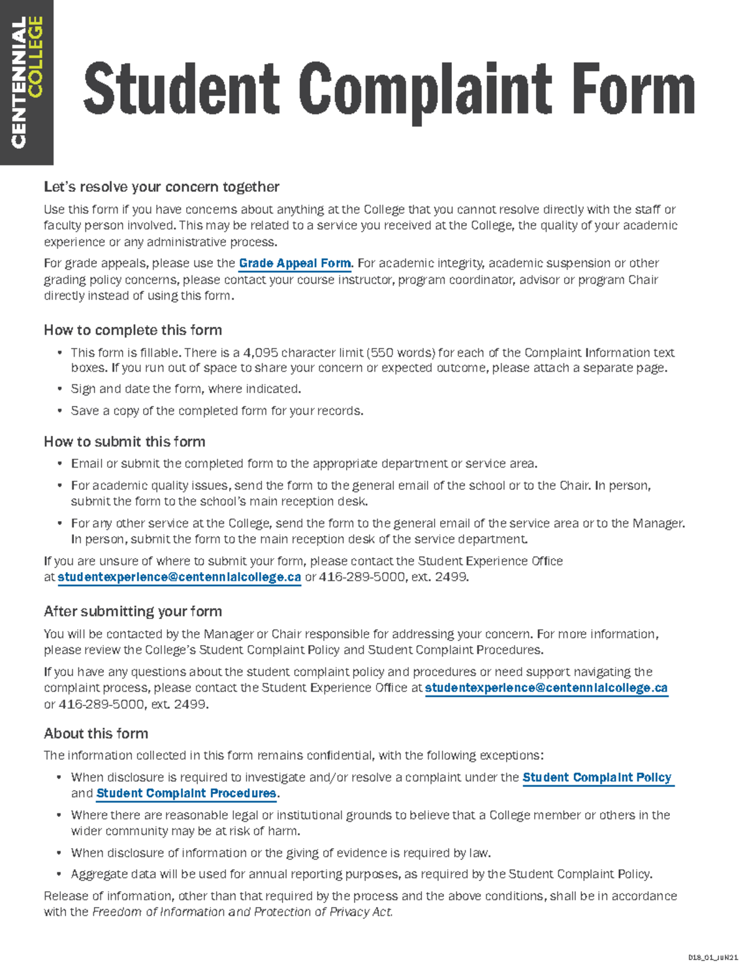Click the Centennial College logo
[x=27, y=82]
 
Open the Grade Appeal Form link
[x=294, y=263]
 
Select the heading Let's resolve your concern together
[x=161, y=187]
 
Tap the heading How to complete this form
[x=133, y=330]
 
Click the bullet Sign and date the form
[x=186, y=389]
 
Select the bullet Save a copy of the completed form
[x=217, y=411]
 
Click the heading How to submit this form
[x=125, y=442]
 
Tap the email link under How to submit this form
[x=179, y=577]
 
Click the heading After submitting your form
[x=133, y=611]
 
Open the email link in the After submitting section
[x=546, y=688]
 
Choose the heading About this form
[x=96, y=734]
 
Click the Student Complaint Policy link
[x=597, y=777]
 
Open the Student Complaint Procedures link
[x=186, y=793]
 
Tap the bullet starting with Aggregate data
[x=361, y=874]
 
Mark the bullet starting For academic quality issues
[x=360, y=486]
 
